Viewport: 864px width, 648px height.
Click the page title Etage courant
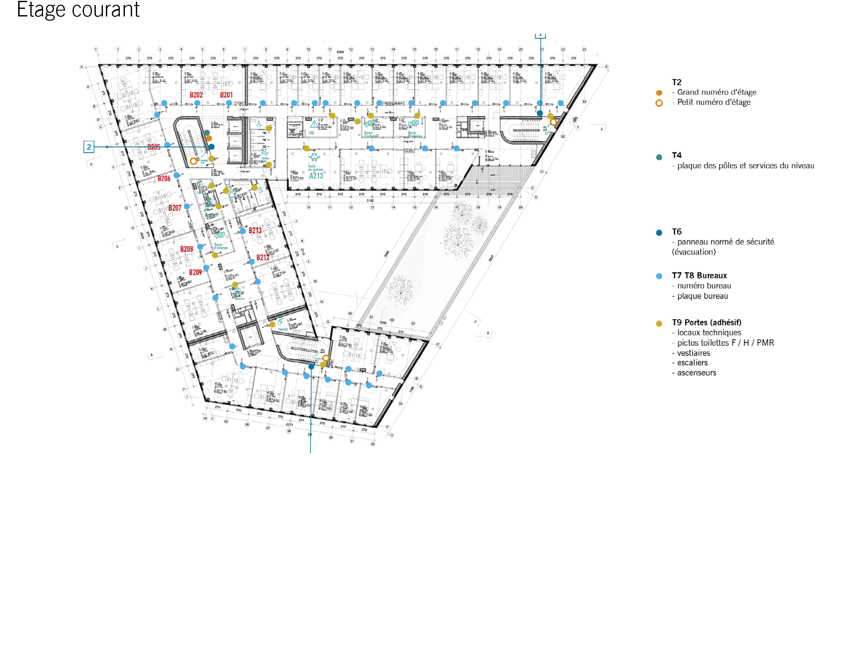78,10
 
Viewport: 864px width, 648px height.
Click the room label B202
196,95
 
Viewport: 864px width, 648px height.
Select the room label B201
226,95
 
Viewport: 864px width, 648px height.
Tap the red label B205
154,147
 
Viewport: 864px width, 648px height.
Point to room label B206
164,178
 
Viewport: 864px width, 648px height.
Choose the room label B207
175,208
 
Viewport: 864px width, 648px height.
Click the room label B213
255,230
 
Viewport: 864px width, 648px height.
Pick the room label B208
186,249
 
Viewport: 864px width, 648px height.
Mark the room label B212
263,257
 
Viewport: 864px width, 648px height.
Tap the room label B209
195,273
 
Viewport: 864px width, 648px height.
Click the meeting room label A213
316,176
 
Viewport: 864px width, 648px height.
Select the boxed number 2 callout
89,147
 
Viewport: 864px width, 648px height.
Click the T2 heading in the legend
677,82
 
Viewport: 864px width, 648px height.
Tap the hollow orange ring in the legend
659,103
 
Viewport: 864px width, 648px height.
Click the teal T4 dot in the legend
659,157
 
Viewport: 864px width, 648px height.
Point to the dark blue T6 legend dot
659,232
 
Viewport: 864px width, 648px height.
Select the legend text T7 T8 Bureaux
699,275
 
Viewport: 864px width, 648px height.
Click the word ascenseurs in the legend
697,373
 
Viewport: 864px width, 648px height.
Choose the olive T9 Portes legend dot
659,324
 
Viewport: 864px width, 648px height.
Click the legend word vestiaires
694,353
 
